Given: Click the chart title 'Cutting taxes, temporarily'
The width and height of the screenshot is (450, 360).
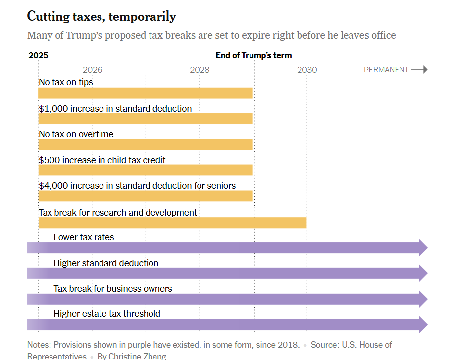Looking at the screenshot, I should [x=101, y=16].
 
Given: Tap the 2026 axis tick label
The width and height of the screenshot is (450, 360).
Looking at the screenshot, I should [x=93, y=70].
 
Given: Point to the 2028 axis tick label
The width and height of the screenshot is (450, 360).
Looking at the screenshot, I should [x=200, y=70].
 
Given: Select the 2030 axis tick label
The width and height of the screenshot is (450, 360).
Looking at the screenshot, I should [x=307, y=70].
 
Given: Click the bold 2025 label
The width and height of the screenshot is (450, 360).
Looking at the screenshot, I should [x=38, y=55].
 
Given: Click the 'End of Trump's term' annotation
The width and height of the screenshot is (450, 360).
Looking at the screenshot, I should [x=253, y=55].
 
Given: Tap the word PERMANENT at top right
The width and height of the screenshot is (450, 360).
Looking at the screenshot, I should [x=386, y=70].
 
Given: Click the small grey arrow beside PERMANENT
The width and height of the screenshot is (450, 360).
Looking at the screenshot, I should [x=419, y=70].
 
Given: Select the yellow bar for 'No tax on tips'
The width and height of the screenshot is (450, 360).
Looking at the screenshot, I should [x=146, y=93].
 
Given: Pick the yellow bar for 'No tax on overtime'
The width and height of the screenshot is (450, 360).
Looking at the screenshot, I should [x=146, y=144].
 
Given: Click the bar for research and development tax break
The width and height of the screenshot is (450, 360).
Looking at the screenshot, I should [x=172, y=223].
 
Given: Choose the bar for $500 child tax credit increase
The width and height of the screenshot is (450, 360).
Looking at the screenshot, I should [x=146, y=170].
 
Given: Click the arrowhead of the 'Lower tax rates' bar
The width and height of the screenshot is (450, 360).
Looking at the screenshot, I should [x=423, y=248].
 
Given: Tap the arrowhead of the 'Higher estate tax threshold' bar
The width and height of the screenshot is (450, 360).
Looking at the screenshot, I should [x=423, y=325].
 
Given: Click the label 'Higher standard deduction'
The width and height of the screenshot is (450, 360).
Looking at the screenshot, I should [x=106, y=263].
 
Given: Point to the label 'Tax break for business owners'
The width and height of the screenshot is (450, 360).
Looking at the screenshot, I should [x=113, y=288].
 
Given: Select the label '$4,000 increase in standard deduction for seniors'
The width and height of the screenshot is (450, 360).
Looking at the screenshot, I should [x=137, y=186].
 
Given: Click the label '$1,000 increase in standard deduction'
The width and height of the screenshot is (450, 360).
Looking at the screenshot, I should [x=115, y=108].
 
